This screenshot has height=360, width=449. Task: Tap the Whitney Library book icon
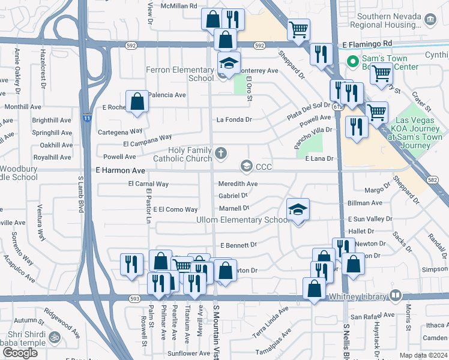(395, 295)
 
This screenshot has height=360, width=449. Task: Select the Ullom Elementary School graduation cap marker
(298, 209)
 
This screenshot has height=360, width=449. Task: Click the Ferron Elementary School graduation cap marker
(228, 62)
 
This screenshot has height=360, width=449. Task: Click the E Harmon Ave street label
(120, 171)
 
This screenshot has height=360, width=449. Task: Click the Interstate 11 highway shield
(88, 119)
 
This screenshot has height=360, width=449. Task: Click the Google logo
(20, 352)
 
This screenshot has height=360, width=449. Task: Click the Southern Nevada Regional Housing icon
(430, 20)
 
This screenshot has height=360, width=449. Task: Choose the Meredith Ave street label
(238, 184)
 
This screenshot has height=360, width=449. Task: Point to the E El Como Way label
(175, 209)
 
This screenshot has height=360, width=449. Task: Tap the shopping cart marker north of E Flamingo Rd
(298, 29)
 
